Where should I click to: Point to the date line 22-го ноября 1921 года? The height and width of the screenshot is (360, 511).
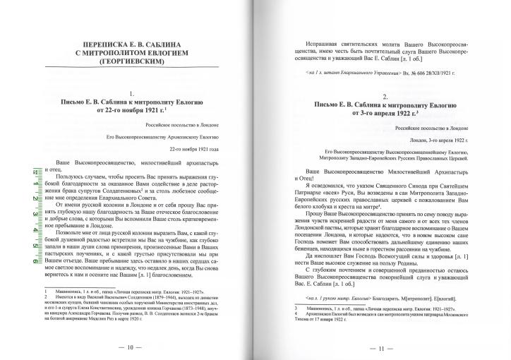[200, 150]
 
